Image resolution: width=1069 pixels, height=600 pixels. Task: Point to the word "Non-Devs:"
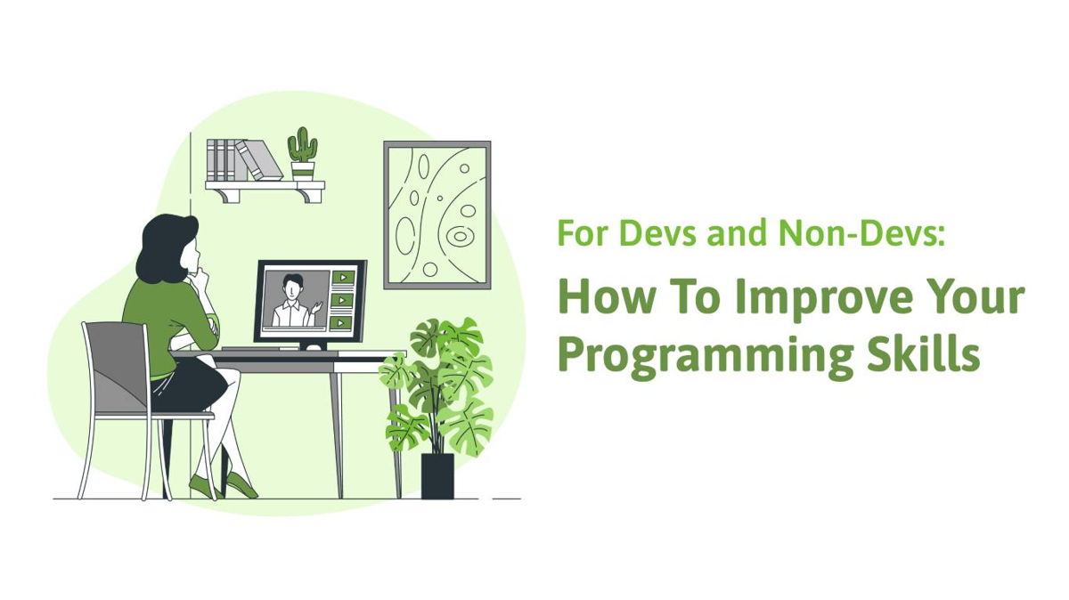862,232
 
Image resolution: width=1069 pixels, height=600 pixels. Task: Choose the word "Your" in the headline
970,296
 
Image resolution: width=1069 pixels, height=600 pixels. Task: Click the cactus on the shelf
302,144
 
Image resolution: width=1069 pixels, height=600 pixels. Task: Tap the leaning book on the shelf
259,159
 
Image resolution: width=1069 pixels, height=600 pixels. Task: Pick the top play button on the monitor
343,277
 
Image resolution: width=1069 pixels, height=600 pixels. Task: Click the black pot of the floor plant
437,476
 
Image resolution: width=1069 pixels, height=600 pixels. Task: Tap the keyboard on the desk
260,349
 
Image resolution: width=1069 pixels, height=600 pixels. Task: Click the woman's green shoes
224,485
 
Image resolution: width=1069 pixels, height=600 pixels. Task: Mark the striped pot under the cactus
303,171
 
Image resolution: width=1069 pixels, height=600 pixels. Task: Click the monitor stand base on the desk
314,347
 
